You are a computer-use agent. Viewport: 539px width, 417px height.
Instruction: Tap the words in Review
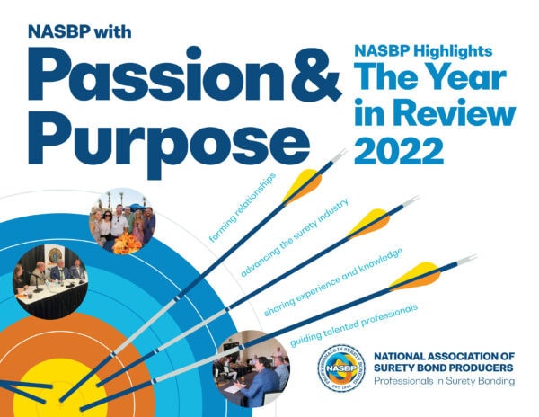437,118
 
